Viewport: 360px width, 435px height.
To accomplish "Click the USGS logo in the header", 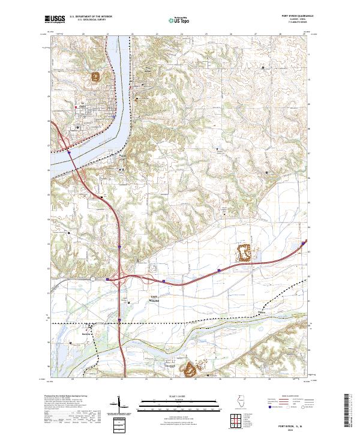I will pos(55,20).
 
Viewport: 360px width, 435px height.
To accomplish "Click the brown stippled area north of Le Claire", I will pos(95,76).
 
